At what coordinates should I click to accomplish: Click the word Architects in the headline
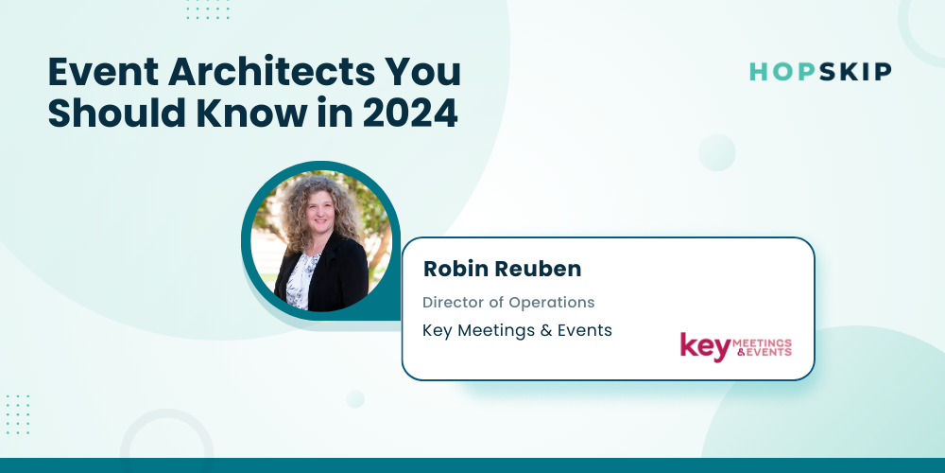pyautogui.click(x=263, y=73)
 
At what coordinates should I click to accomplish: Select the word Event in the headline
pyautogui.click(x=103, y=73)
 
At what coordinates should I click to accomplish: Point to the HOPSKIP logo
pyautogui.click(x=820, y=72)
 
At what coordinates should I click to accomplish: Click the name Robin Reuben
pyautogui.click(x=502, y=269)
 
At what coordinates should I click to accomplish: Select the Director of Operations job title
pyautogui.click(x=508, y=303)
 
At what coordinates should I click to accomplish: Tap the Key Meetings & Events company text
pyautogui.click(x=517, y=330)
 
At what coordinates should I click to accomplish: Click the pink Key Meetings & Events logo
pyautogui.click(x=736, y=347)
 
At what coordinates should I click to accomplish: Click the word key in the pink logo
pyautogui.click(x=705, y=347)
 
